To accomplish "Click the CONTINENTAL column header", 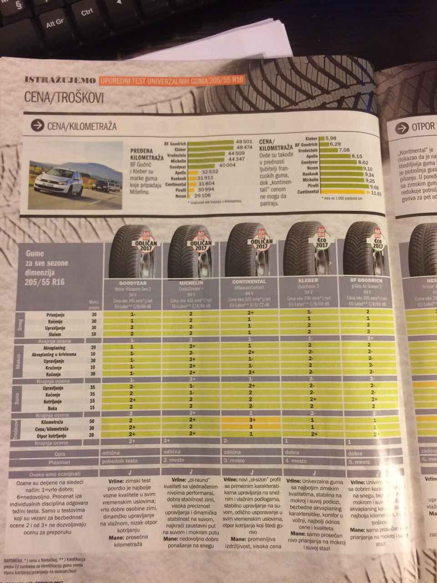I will click(x=249, y=282).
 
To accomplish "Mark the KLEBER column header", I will click(x=308, y=281).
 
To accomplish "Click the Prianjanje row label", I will click(x=55, y=314).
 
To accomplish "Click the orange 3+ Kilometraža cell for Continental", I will click(x=250, y=420).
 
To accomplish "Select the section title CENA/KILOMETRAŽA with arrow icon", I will click(x=73, y=125).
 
